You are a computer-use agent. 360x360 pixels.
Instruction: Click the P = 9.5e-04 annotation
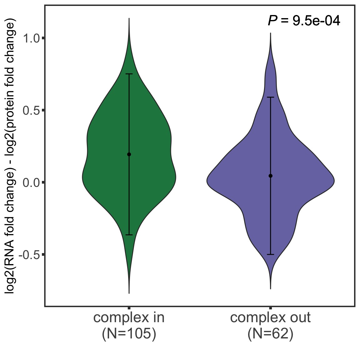304,21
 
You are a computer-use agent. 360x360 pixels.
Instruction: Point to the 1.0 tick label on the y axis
31,38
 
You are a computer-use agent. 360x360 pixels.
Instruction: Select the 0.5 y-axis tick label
31,110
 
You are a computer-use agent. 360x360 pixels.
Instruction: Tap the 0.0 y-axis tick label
31,182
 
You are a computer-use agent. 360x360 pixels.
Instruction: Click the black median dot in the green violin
129,154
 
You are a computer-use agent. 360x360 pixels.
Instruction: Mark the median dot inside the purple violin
271,176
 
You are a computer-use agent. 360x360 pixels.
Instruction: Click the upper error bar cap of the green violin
129,74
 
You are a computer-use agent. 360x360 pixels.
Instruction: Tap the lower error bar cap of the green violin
129,235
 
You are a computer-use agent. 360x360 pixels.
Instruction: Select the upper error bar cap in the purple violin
271,97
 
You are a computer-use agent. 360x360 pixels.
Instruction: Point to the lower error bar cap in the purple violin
271,255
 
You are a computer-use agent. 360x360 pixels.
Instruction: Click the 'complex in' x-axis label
129,318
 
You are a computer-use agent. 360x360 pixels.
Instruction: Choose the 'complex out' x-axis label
270,318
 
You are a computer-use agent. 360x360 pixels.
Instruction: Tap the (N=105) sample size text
129,334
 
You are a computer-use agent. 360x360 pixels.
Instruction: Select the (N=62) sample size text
270,334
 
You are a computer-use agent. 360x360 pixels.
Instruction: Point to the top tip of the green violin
129,19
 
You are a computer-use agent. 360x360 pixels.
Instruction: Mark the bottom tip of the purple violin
270,288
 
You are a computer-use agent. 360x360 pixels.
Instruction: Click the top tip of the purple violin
270,33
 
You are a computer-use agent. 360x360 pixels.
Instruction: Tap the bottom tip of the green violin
129,293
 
